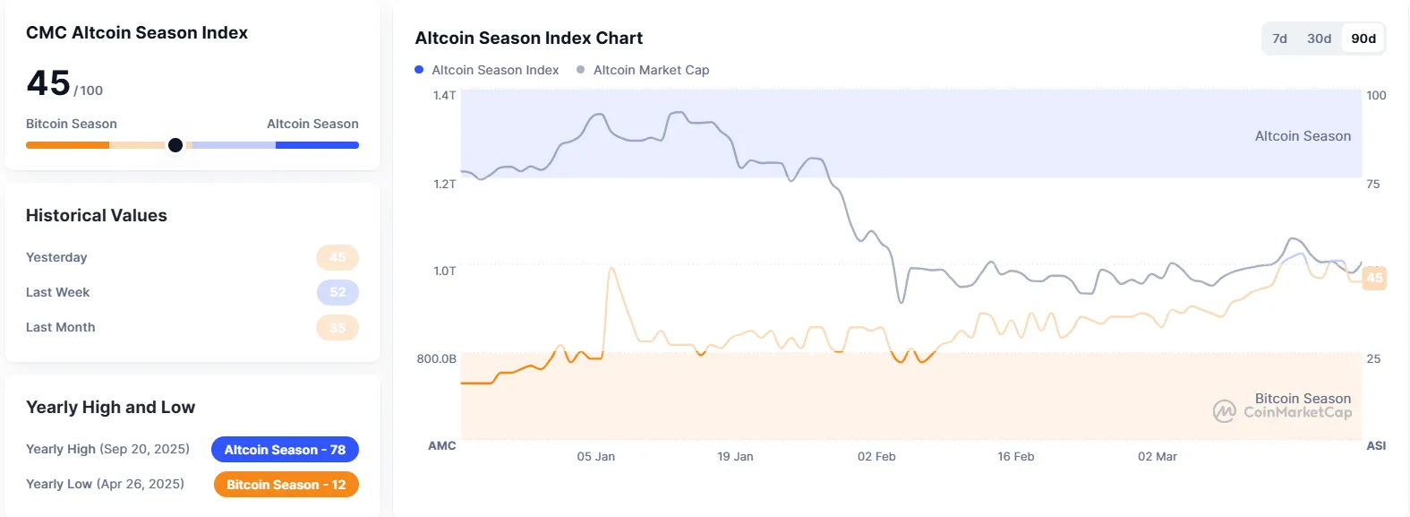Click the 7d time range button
pos(1279,39)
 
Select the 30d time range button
pos(1319,39)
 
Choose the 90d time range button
pos(1363,39)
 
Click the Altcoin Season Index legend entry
pos(487,70)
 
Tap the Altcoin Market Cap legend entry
pos(643,70)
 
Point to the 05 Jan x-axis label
pos(596,456)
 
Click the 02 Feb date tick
pos(876,456)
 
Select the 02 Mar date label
pos(1158,456)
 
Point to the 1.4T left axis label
pos(444,95)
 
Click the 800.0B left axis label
pos(436,358)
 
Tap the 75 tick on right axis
pos(1373,184)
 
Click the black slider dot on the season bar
pos(175,145)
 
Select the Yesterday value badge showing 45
pos(338,257)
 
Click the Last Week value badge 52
pos(338,292)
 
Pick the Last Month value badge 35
pos(338,327)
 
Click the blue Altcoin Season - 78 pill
pos(285,450)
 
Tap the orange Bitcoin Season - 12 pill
pos(286,485)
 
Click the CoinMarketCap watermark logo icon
pos(1224,411)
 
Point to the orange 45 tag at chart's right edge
pos(1374,278)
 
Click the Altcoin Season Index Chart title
pos(528,39)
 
